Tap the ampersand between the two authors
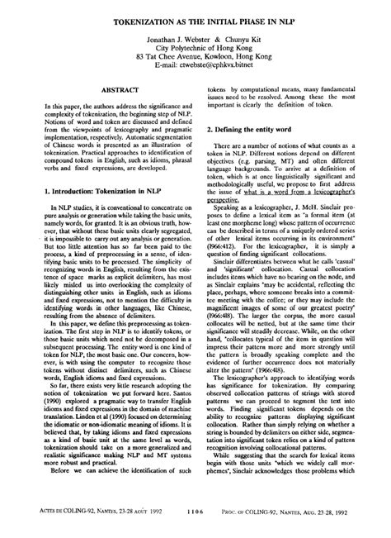(x=202, y=39)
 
